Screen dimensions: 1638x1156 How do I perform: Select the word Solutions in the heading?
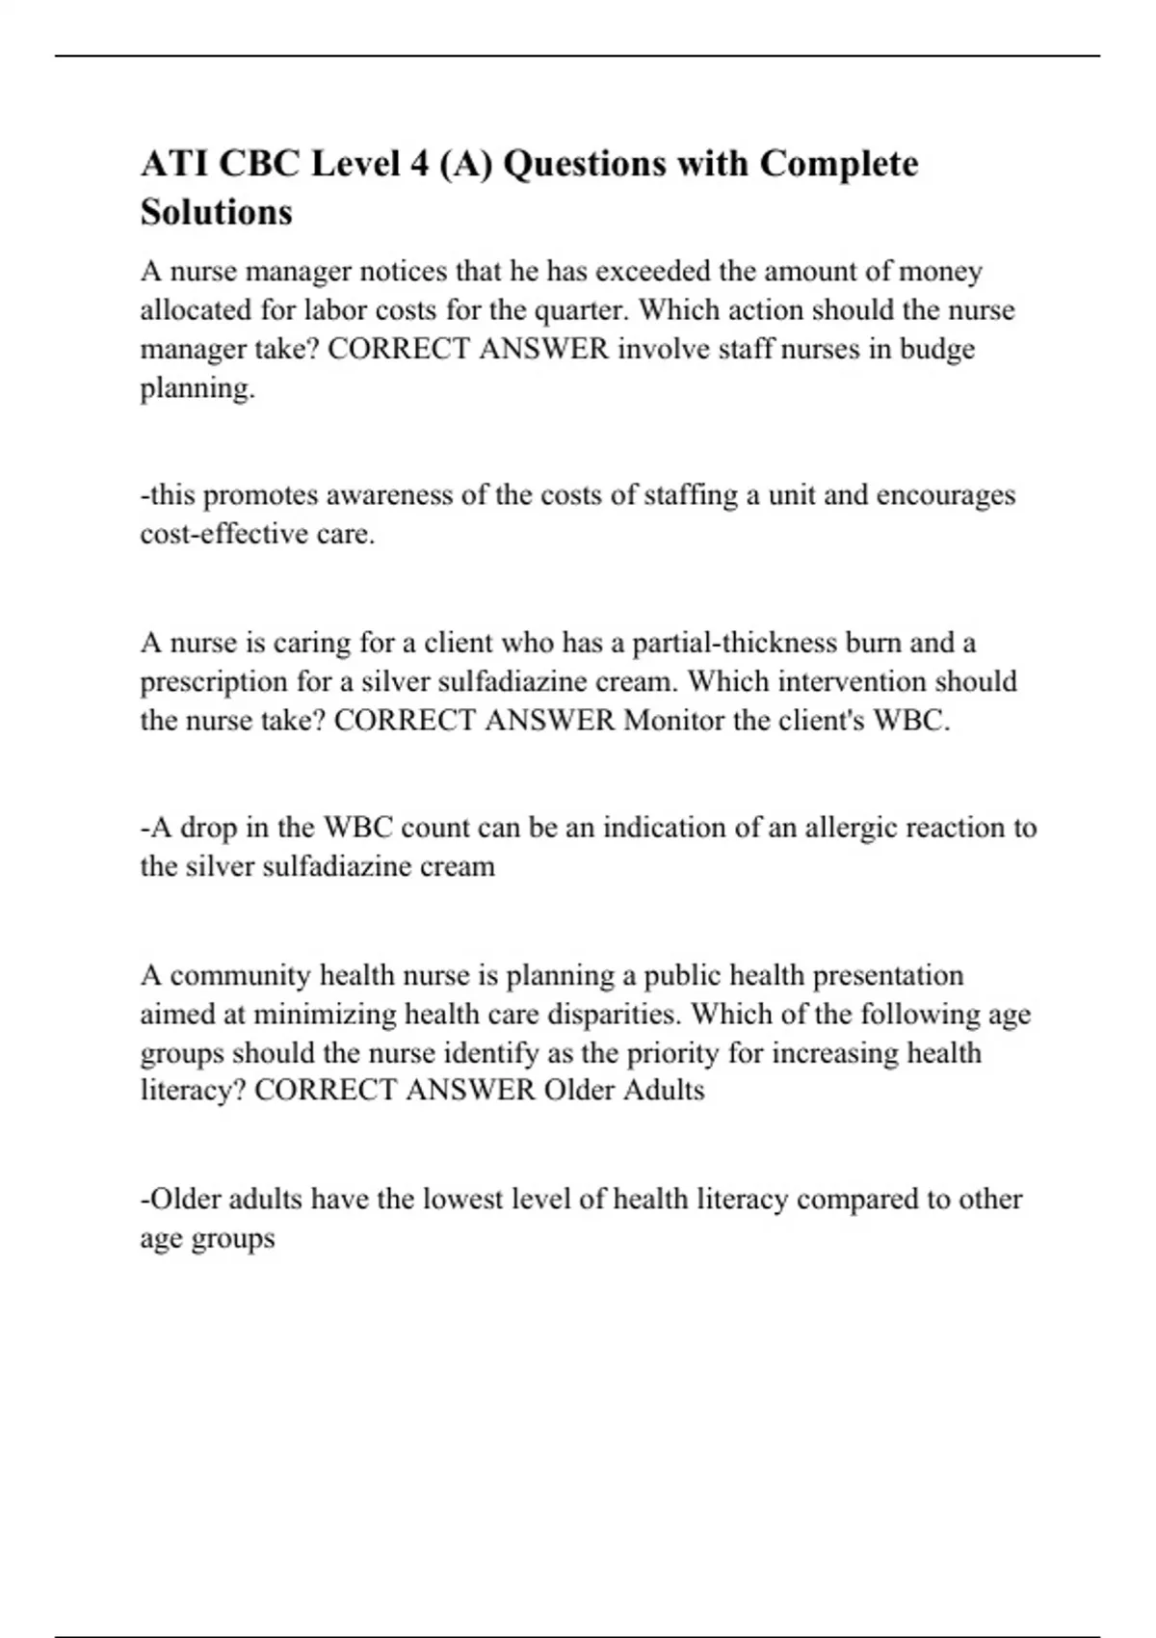coord(216,212)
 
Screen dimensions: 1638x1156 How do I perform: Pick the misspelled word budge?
coord(936,350)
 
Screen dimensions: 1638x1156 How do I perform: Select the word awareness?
coord(390,495)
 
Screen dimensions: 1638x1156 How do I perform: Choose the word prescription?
coord(215,682)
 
